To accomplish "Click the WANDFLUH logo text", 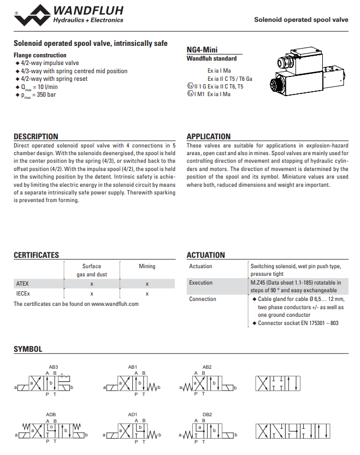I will pyautogui.click(x=88, y=10).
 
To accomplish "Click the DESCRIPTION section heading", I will pyautogui.click(x=36, y=137).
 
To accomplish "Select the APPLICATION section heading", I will pyautogui.click(x=209, y=137).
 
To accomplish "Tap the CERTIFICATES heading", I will pyautogui.click(x=36, y=255).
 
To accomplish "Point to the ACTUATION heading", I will pyautogui.click(x=205, y=255).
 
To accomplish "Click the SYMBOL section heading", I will pyautogui.click(x=28, y=349).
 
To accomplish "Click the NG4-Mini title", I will pyautogui.click(x=203, y=50).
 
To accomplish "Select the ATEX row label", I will pyautogui.click(x=22, y=283).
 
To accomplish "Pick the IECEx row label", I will pyautogui.click(x=22, y=293).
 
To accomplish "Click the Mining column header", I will pyautogui.click(x=147, y=267).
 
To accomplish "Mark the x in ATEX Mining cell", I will pyautogui.click(x=147, y=283).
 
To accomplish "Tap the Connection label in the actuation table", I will pyautogui.click(x=203, y=299).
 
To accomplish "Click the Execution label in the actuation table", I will pyautogui.click(x=201, y=283).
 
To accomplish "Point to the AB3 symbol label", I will pyautogui.click(x=52, y=367).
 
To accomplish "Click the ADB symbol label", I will pyautogui.click(x=51, y=415).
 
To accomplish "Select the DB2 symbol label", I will pyautogui.click(x=207, y=415).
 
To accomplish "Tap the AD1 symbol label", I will pyautogui.click(x=133, y=415).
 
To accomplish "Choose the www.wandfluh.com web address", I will pyautogui.click(x=115, y=304).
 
